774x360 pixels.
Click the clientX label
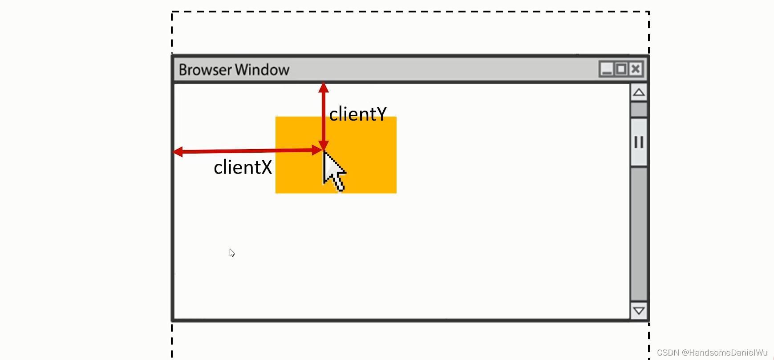(x=243, y=168)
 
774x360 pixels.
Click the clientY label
(x=358, y=114)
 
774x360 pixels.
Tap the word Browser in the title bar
(x=205, y=70)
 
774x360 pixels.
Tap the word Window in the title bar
(x=262, y=70)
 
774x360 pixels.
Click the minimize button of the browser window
(x=606, y=69)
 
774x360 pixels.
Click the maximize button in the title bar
(x=621, y=69)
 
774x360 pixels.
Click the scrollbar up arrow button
(x=639, y=93)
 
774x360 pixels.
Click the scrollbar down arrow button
(x=639, y=311)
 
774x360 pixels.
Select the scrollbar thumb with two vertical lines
(x=639, y=142)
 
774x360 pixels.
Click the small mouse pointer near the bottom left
(x=232, y=253)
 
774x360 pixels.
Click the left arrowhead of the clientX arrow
(x=178, y=152)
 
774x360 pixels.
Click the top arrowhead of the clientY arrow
(x=324, y=87)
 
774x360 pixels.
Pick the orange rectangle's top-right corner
(x=396, y=117)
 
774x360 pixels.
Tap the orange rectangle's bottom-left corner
(x=276, y=192)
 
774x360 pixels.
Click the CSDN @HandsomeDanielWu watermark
(x=712, y=352)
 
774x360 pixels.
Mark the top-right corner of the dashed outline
(x=649, y=12)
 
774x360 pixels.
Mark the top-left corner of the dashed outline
(x=172, y=12)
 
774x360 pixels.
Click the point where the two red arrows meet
(x=324, y=150)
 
